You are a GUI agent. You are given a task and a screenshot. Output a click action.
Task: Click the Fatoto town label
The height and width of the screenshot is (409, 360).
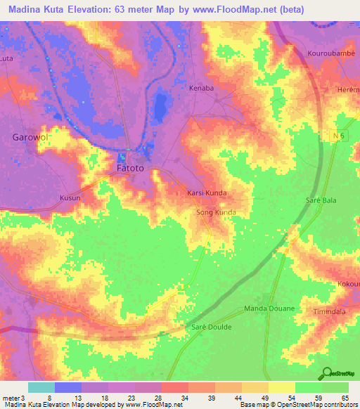[x=129, y=169]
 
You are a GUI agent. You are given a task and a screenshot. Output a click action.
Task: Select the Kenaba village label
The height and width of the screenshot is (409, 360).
[x=201, y=89]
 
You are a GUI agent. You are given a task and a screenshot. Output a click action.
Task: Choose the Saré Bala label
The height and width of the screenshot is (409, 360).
[x=321, y=200]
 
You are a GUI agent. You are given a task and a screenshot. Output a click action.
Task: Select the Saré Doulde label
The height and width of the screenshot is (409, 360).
[x=212, y=327]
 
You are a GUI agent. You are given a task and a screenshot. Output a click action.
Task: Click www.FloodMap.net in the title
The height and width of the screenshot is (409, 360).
[x=242, y=9]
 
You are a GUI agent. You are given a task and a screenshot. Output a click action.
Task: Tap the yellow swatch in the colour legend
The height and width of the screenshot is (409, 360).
[x=282, y=387]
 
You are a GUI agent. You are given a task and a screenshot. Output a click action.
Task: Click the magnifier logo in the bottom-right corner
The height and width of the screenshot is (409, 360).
[x=328, y=372]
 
